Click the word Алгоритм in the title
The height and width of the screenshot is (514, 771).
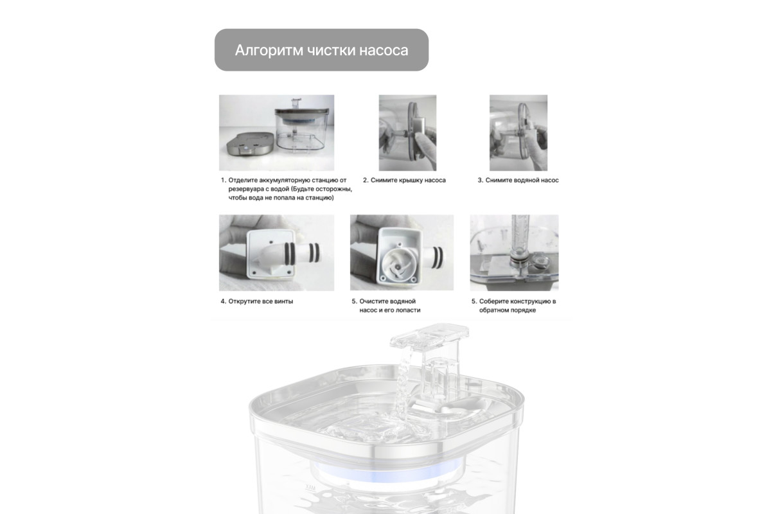tap(269, 50)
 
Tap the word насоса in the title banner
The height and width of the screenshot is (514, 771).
tap(384, 50)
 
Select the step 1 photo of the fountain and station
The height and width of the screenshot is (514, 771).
tap(276, 132)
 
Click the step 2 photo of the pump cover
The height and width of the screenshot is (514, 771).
tap(407, 132)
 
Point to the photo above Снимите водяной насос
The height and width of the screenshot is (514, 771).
tap(518, 132)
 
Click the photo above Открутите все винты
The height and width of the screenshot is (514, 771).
tap(276, 253)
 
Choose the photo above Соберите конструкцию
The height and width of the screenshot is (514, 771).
tap(514, 253)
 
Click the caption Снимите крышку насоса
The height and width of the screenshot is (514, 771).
tap(404, 180)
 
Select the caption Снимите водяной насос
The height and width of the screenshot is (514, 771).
tap(518, 180)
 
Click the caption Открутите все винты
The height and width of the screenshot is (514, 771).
tap(257, 301)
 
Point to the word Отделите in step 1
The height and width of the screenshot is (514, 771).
tap(243, 180)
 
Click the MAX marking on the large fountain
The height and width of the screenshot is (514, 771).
tap(310, 488)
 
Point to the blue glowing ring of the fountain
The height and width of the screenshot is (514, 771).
tap(387, 474)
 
